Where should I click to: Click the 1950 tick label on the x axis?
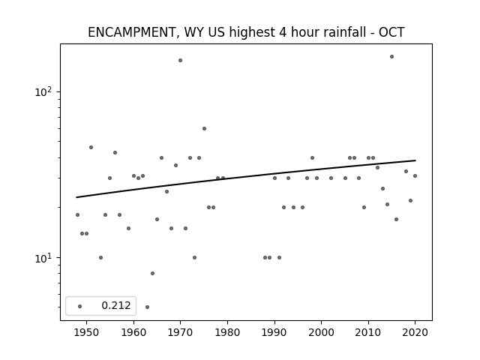[x=87, y=332]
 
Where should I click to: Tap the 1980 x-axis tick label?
[x=227, y=332]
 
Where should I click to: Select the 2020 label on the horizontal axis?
[x=415, y=332]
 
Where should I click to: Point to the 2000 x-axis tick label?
[x=322, y=332]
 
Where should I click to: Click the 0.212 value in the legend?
[x=116, y=305]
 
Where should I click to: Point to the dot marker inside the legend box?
[x=80, y=306]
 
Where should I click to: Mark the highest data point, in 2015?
[x=391, y=57]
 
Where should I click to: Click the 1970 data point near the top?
[x=180, y=60]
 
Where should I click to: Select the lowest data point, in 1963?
[x=147, y=307]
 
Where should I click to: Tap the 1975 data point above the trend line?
[x=204, y=128]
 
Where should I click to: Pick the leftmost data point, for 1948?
[x=77, y=215]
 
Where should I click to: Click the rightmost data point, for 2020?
[x=415, y=175]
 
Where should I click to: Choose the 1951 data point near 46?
[x=91, y=147]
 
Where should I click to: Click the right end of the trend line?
[x=415, y=160]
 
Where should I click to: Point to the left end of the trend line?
[x=76, y=197]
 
